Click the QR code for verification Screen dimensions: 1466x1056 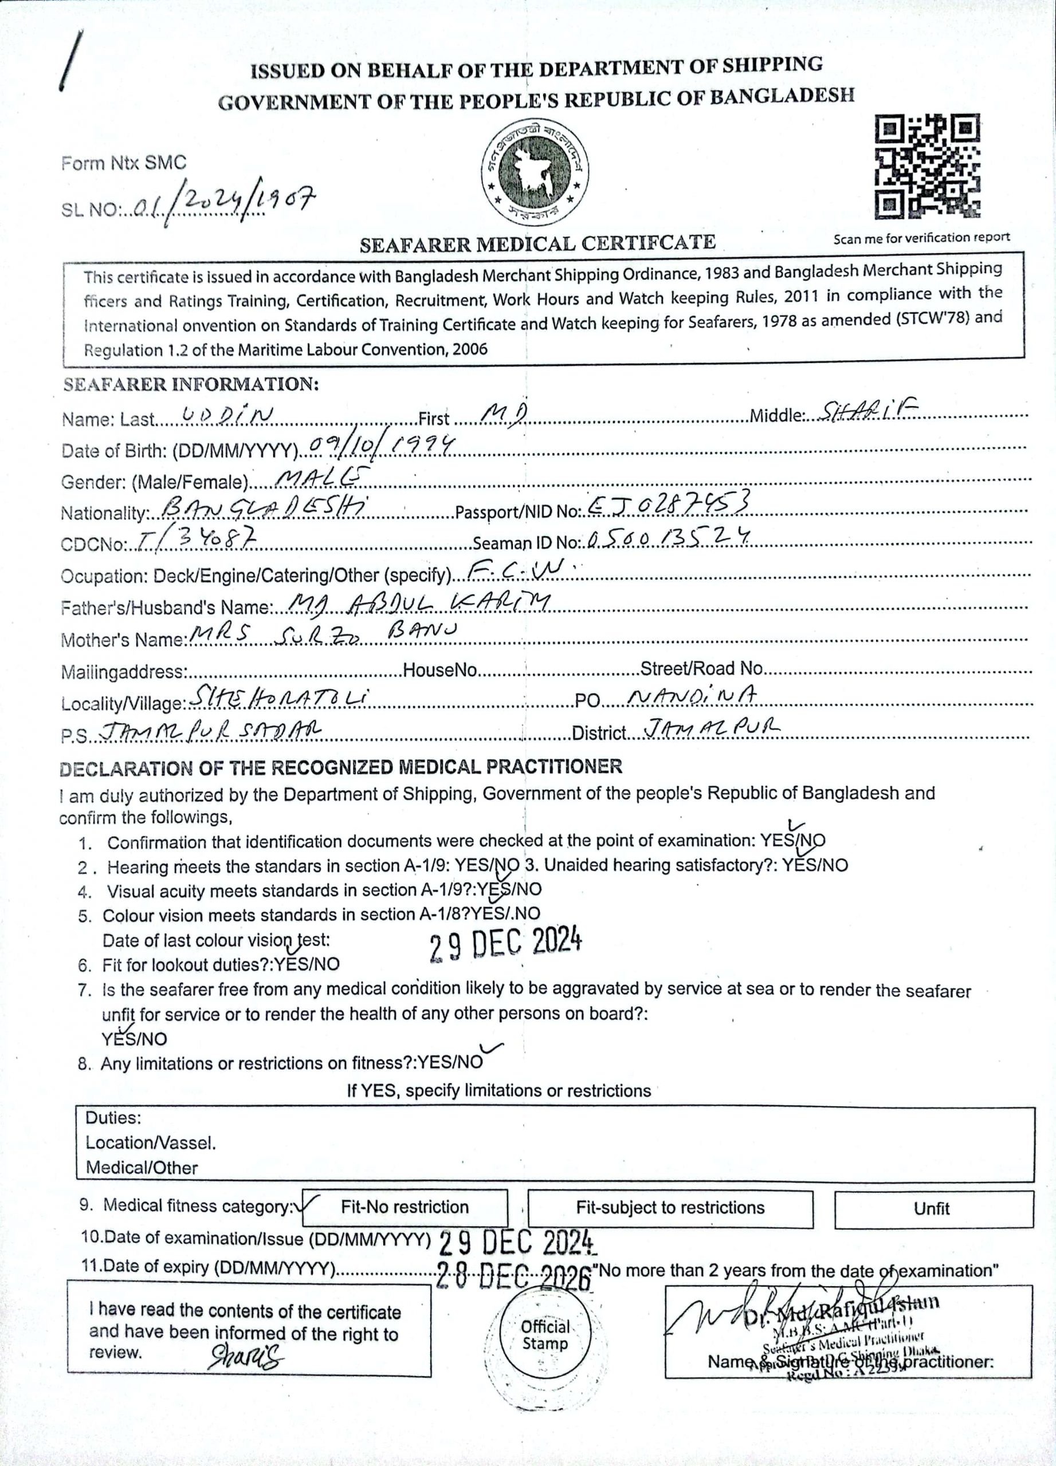[927, 167]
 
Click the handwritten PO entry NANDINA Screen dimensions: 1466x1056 [693, 697]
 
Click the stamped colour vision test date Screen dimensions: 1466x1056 [506, 944]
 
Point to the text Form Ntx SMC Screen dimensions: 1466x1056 [124, 163]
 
